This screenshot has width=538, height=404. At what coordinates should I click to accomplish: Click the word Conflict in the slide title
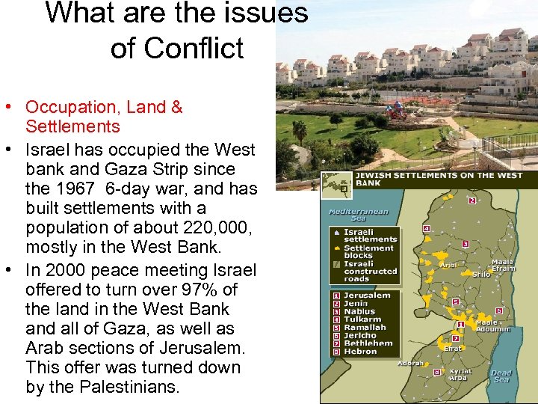(x=177, y=49)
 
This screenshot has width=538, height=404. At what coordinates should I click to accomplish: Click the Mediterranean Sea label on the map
(x=359, y=215)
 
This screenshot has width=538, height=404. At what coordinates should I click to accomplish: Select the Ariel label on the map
(x=448, y=263)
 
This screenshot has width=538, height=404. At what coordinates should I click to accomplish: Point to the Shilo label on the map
(x=481, y=274)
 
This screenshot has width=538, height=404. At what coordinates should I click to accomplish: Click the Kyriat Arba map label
(x=460, y=374)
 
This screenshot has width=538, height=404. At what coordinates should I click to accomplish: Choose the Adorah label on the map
(x=410, y=364)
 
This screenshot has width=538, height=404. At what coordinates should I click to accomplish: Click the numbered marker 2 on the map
(x=472, y=201)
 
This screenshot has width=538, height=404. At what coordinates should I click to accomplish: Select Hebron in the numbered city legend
(x=360, y=351)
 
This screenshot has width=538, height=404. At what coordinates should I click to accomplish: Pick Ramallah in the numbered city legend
(x=365, y=327)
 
